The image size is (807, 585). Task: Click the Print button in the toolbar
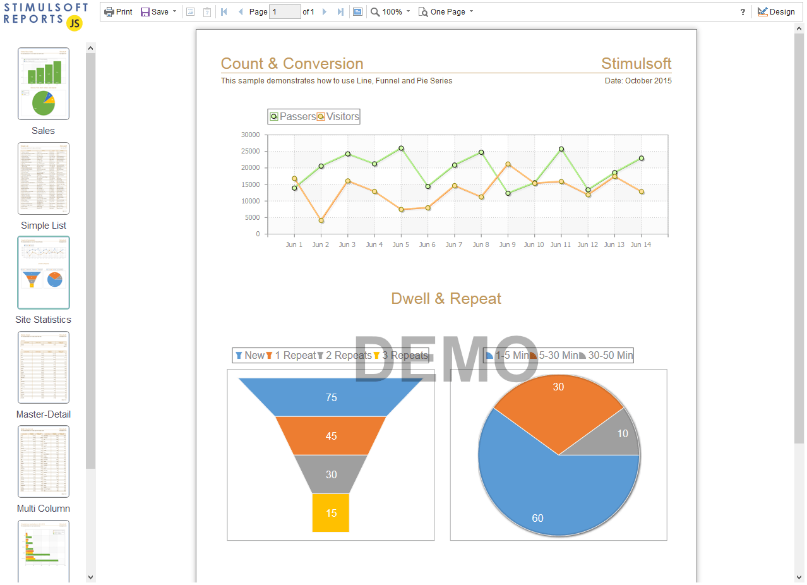pos(118,12)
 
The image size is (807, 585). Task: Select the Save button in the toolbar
pos(155,12)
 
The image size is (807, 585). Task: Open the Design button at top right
pos(776,12)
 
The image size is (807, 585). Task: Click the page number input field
pos(285,12)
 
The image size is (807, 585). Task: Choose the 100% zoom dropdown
pos(390,12)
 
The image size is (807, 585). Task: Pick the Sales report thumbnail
pos(44,83)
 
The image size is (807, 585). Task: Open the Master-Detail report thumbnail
pos(44,367)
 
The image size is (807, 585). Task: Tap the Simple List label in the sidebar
pos(44,226)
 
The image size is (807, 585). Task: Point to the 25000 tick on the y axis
pos(250,151)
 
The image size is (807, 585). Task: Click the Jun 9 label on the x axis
pos(507,244)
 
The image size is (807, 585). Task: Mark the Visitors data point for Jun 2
pos(321,220)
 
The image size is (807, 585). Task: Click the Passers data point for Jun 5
pos(401,148)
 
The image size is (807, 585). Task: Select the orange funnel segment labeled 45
pos(331,436)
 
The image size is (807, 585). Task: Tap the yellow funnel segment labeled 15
pos(331,513)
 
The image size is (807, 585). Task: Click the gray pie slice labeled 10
pos(619,435)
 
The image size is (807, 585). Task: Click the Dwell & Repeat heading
pos(446,299)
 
